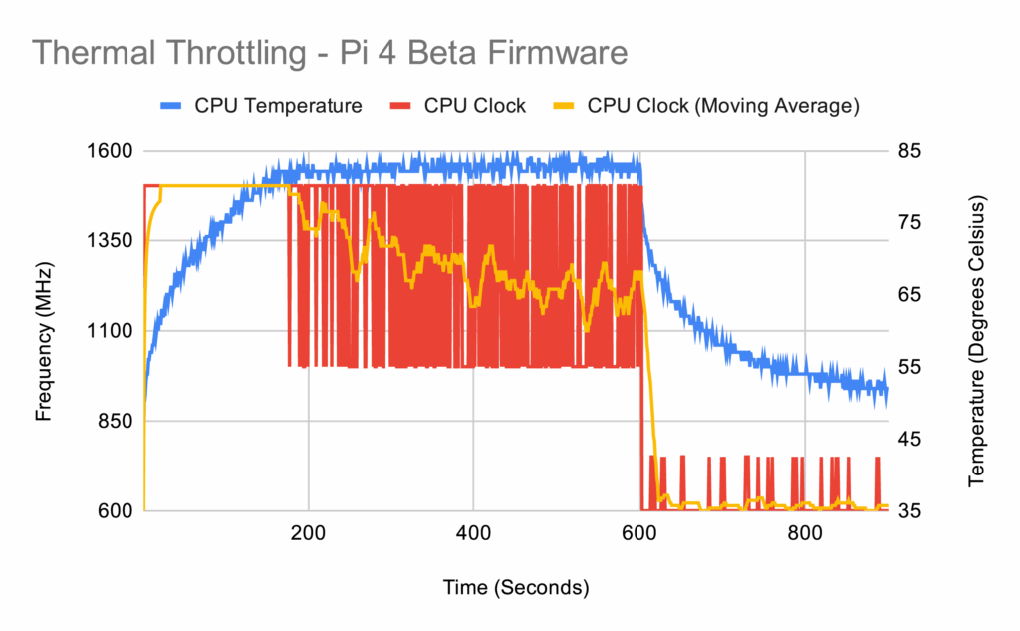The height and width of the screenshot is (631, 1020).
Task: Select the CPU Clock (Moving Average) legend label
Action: (723, 106)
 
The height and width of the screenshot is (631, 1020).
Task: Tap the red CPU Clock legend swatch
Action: (400, 106)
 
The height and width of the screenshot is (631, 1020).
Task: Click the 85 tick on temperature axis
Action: (910, 151)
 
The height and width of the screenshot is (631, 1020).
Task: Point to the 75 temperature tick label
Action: (910, 223)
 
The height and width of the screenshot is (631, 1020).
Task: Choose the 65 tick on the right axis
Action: (910, 295)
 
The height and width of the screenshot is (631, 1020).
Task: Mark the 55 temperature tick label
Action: (910, 367)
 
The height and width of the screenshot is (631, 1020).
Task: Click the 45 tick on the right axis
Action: (910, 439)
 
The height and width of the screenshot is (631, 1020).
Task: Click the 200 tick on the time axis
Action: (309, 533)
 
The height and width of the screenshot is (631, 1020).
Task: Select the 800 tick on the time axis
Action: (804, 533)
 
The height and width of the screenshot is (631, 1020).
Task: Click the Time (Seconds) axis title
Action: (516, 588)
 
